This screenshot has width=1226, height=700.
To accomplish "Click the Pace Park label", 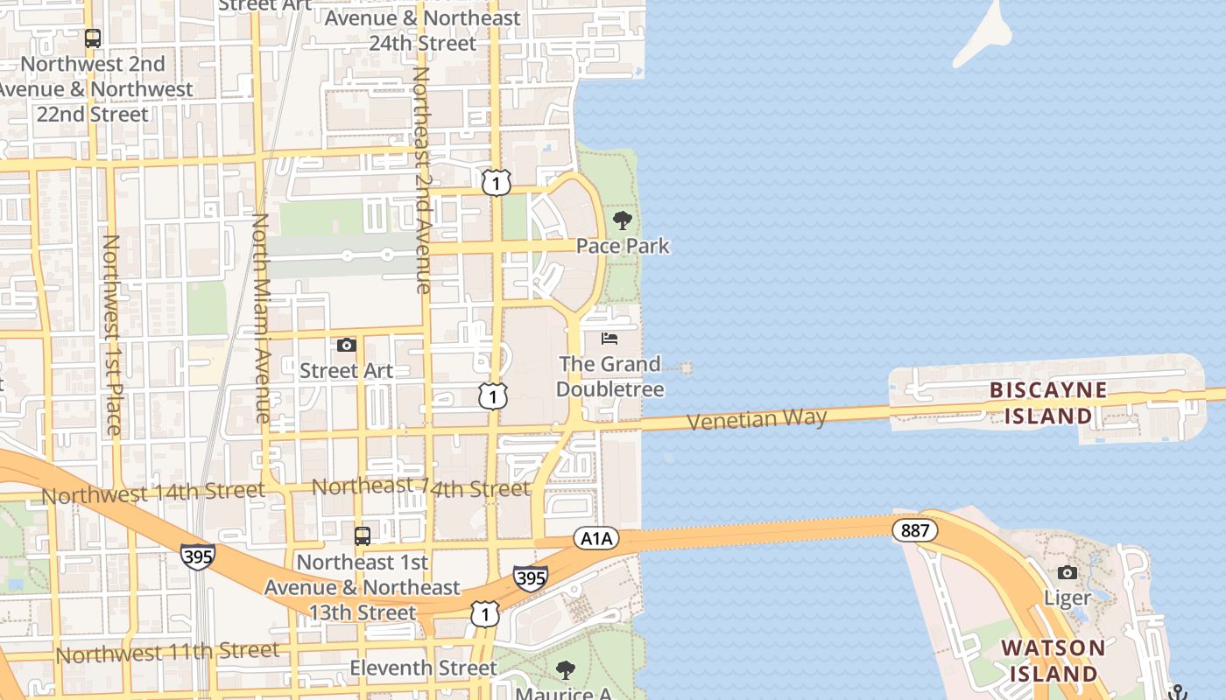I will [x=623, y=246].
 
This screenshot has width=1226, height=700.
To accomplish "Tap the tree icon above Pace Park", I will [x=623, y=220].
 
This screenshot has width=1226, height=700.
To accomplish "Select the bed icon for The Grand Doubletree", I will [x=609, y=338].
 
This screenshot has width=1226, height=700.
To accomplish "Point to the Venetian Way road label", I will [x=757, y=419].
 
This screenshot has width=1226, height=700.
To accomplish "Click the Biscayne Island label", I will [x=1048, y=402].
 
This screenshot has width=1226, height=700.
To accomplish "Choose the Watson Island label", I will [x=1053, y=661].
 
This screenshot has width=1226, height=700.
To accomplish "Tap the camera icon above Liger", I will [x=1067, y=572].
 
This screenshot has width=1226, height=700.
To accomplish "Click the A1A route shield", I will [x=596, y=538].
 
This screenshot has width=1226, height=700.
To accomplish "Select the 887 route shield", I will [x=915, y=530].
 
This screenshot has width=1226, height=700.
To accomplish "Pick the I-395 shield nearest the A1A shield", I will [x=531, y=577].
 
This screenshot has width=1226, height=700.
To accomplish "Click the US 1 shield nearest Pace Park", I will [x=496, y=183].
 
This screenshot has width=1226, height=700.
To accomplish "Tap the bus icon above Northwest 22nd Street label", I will [x=93, y=38].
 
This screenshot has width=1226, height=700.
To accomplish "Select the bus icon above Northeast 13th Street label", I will [x=363, y=535].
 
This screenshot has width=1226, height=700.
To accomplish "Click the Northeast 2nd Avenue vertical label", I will [x=422, y=179].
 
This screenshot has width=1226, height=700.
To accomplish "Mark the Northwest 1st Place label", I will [x=111, y=334].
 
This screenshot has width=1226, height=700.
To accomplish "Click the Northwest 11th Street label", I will [x=167, y=652].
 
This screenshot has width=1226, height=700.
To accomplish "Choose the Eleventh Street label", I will [x=423, y=668].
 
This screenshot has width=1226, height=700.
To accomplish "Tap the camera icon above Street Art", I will [x=347, y=345].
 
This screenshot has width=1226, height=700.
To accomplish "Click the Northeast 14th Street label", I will [x=420, y=487].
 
